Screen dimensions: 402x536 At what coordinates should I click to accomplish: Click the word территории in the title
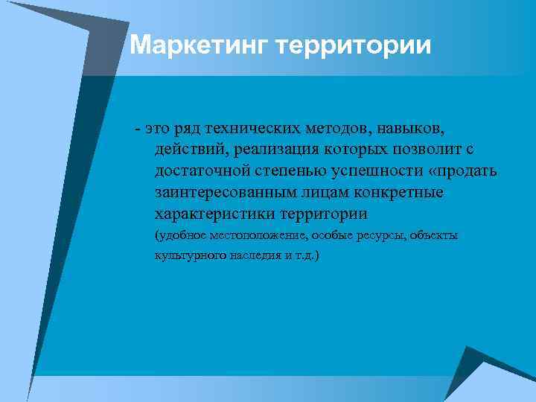click(354, 46)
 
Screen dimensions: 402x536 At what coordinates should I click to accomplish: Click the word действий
click(189, 150)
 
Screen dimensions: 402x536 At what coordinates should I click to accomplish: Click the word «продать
click(462, 172)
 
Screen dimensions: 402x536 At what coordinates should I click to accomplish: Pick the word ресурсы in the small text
click(360, 236)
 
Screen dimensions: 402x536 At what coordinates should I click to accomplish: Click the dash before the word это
click(138, 130)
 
